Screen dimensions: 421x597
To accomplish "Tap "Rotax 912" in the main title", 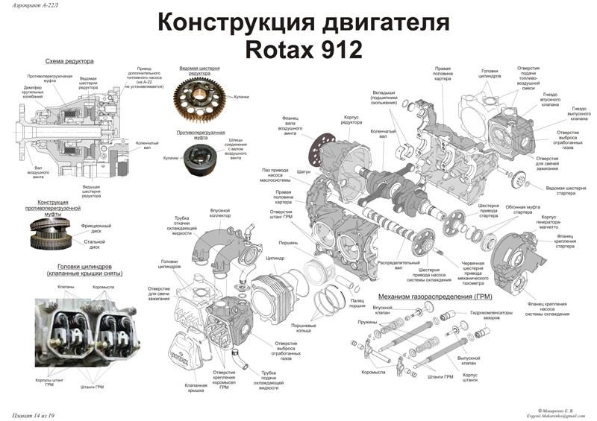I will coord(302,49).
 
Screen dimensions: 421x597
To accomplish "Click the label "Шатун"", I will coord(303,171).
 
